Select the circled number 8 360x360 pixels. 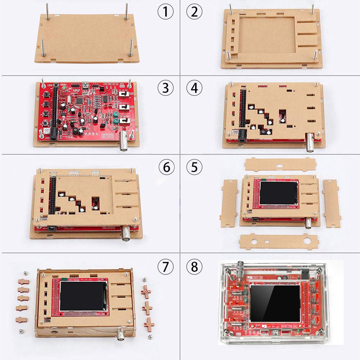pos(194,267)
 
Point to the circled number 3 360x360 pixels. pos(166,88)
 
